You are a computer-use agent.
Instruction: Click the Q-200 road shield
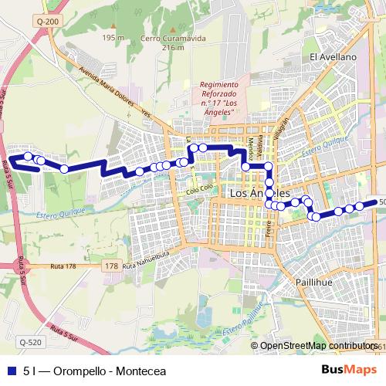(x=47, y=22)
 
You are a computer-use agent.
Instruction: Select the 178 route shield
(x=112, y=266)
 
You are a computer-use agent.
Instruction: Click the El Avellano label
(x=333, y=57)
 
